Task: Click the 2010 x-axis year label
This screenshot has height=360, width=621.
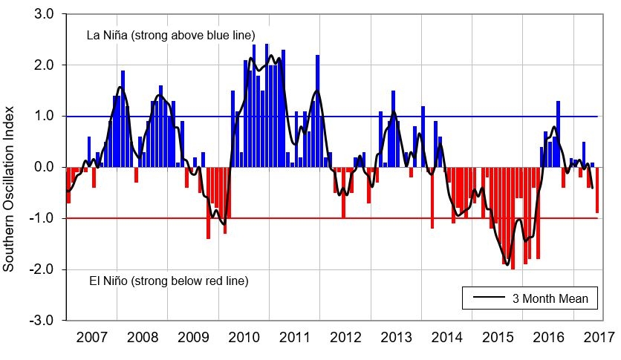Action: click(244, 338)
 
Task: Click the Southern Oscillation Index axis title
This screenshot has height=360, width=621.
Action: click(10, 167)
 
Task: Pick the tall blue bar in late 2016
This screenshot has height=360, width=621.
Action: click(558, 134)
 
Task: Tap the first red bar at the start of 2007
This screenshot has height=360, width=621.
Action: click(68, 185)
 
